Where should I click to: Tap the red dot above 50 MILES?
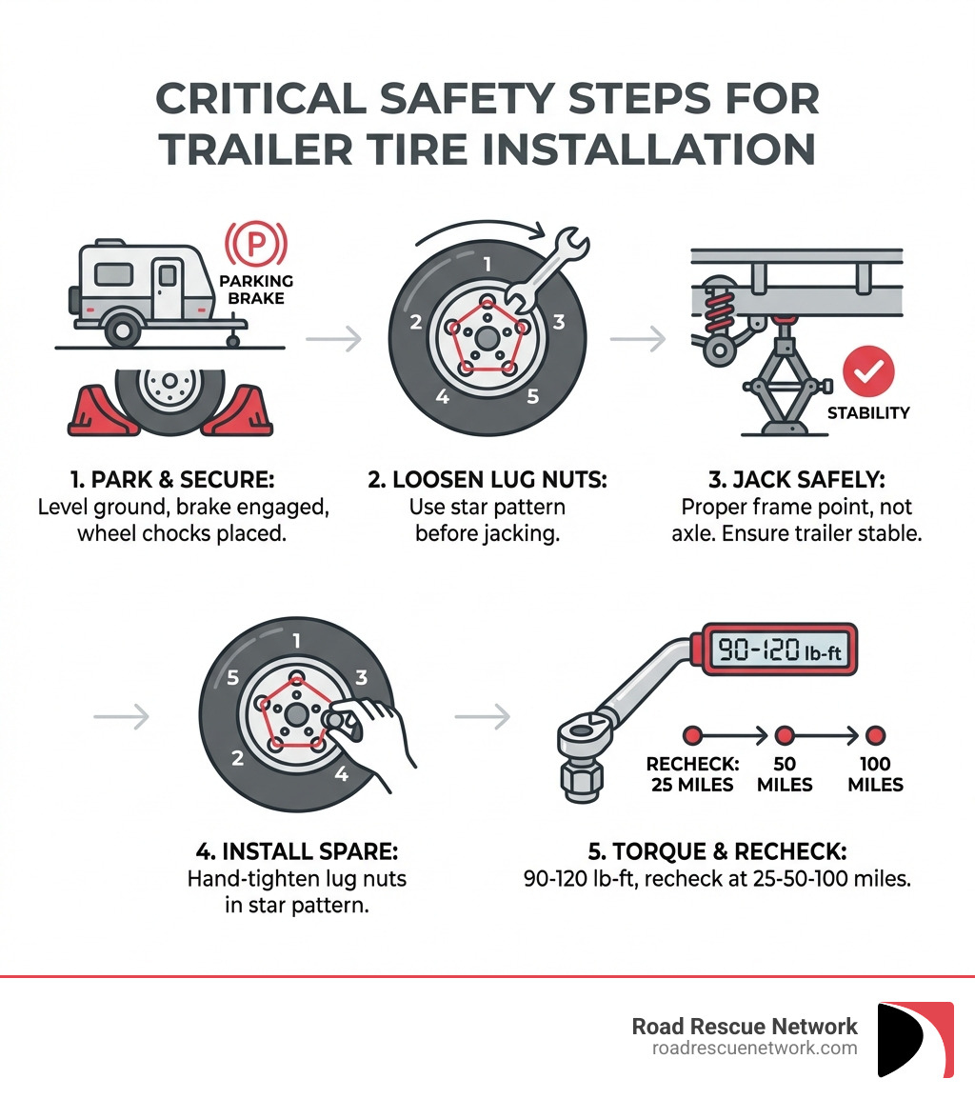point(785,735)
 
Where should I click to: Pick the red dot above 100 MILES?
point(875,735)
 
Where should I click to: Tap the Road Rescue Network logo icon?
point(915,1039)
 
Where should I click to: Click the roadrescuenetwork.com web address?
point(754,1048)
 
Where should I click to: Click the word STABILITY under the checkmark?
point(867,413)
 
